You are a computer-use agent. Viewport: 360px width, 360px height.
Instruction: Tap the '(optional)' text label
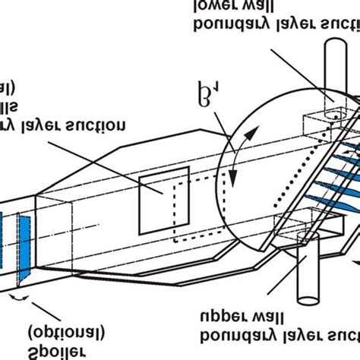click(x=66, y=332)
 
